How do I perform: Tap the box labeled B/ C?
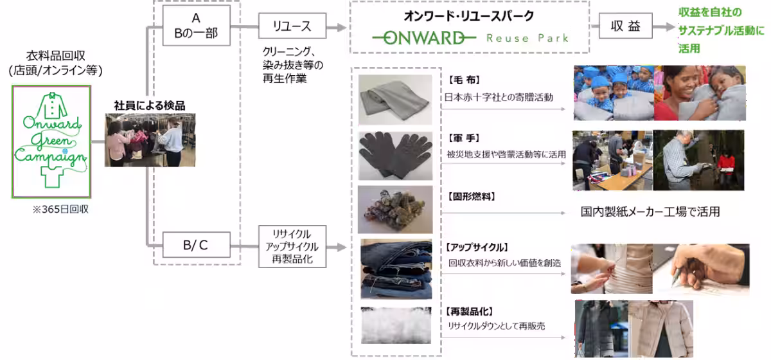(x=195, y=244)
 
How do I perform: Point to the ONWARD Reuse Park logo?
(x=469, y=38)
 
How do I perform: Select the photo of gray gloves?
(x=395, y=155)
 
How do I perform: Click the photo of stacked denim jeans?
(x=395, y=269)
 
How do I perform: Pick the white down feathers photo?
(x=395, y=326)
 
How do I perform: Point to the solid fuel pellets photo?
(x=395, y=210)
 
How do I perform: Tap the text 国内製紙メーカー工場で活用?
(x=650, y=212)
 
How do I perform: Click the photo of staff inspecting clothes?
(x=145, y=140)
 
